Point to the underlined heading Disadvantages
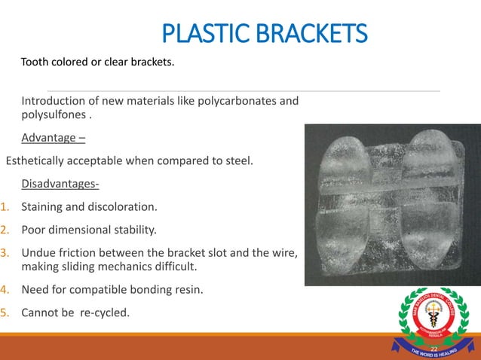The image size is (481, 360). pyautogui.click(x=60, y=185)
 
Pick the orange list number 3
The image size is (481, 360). pyautogui.click(x=5, y=253)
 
